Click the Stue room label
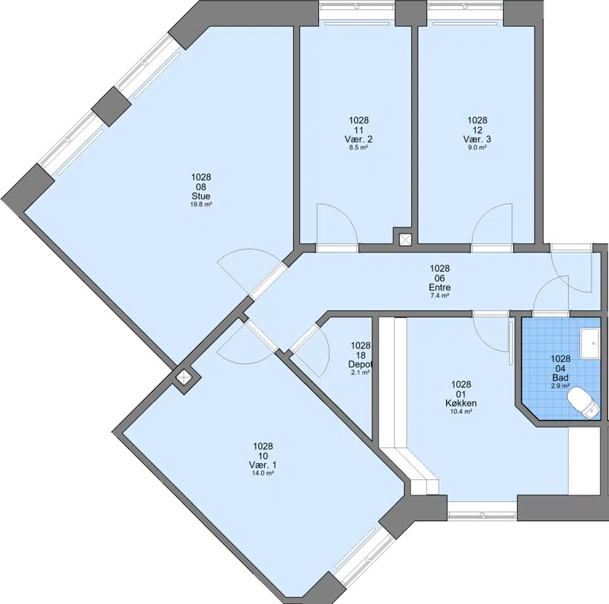click(x=201, y=196)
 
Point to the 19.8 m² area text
click(x=201, y=204)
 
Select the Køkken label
click(x=461, y=403)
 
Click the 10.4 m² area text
click(x=461, y=412)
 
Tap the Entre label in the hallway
click(x=440, y=288)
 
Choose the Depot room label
click(x=360, y=364)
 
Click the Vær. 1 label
click(x=263, y=465)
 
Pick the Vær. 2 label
click(x=359, y=139)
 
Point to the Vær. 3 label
click(x=477, y=139)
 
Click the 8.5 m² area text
click(x=359, y=148)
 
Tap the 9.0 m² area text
click(x=477, y=148)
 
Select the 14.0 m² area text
click(x=263, y=473)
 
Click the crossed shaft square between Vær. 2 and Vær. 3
click(x=405, y=240)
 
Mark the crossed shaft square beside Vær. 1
click(x=183, y=377)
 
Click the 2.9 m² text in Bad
click(x=560, y=386)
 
